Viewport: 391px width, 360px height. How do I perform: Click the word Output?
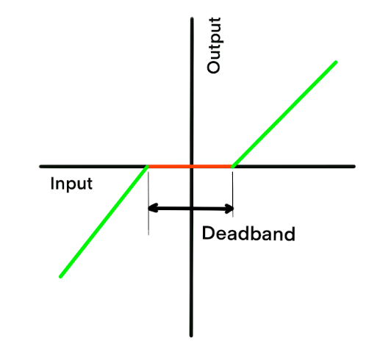(214, 46)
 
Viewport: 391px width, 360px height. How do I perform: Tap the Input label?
(71, 184)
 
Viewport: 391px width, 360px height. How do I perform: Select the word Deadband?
(248, 234)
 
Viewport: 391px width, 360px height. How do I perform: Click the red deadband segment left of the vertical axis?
(170, 166)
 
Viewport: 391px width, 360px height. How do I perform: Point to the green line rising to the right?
(284, 114)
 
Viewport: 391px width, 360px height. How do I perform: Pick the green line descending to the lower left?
(104, 221)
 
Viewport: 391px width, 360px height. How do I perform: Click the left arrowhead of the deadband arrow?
(153, 208)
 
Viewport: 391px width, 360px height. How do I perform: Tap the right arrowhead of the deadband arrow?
(229, 209)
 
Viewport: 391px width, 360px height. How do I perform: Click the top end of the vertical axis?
(192, 18)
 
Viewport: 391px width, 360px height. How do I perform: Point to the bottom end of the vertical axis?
(191, 336)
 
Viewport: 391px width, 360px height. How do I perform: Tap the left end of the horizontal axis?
(40, 166)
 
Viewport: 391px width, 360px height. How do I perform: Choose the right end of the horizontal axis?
(354, 166)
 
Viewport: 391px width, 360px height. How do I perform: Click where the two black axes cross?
(192, 166)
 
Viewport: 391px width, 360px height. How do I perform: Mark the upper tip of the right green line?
(336, 62)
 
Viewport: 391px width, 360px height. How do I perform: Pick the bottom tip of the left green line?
(60, 276)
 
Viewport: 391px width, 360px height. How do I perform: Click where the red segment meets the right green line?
(232, 166)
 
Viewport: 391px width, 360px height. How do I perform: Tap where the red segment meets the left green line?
(148, 166)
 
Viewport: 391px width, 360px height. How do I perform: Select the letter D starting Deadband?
(208, 234)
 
